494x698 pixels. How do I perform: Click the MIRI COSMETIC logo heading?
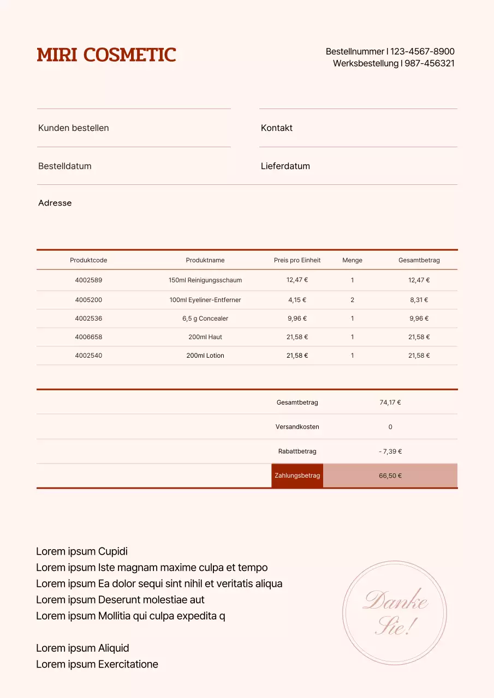click(x=106, y=55)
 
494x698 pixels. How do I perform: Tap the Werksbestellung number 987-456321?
click(x=430, y=63)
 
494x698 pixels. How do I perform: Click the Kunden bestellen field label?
click(x=74, y=128)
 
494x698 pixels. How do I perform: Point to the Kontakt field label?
click(x=277, y=128)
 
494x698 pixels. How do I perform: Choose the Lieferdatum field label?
click(x=285, y=166)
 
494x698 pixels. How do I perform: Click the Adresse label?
click(x=55, y=203)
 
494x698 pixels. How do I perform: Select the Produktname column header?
click(x=205, y=260)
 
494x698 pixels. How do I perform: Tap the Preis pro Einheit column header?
click(x=297, y=260)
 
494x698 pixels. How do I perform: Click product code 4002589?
click(x=88, y=280)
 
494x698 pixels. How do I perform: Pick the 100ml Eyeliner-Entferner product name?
click(x=205, y=300)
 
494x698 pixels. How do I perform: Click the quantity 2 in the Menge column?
click(x=353, y=300)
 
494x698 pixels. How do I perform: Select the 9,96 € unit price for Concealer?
click(x=297, y=318)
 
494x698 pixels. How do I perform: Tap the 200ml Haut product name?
click(x=205, y=337)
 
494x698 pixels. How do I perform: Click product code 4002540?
click(x=88, y=356)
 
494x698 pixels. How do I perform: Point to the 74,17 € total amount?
click(x=390, y=402)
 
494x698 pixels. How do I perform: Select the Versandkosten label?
click(x=297, y=427)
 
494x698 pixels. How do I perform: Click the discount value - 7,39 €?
click(x=390, y=452)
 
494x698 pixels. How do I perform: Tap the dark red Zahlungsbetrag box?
click(x=297, y=476)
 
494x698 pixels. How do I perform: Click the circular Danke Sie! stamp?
click(x=395, y=613)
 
